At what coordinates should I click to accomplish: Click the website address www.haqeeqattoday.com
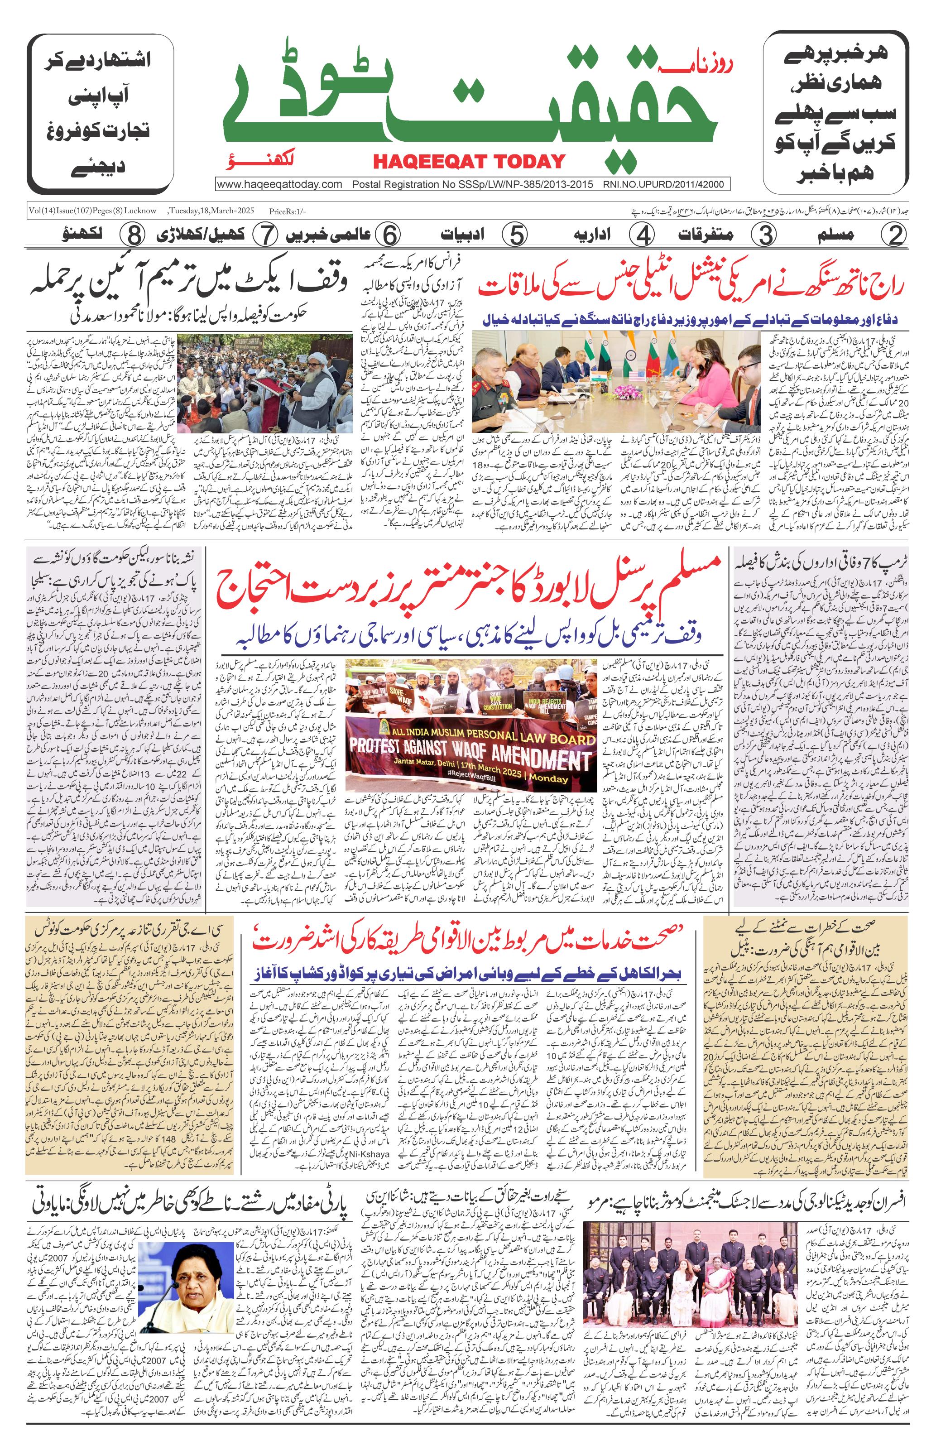[x=279, y=185]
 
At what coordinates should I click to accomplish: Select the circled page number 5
[x=515, y=235]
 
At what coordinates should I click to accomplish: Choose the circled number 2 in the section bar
[x=895, y=235]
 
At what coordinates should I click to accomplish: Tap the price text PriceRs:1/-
[x=288, y=211]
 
